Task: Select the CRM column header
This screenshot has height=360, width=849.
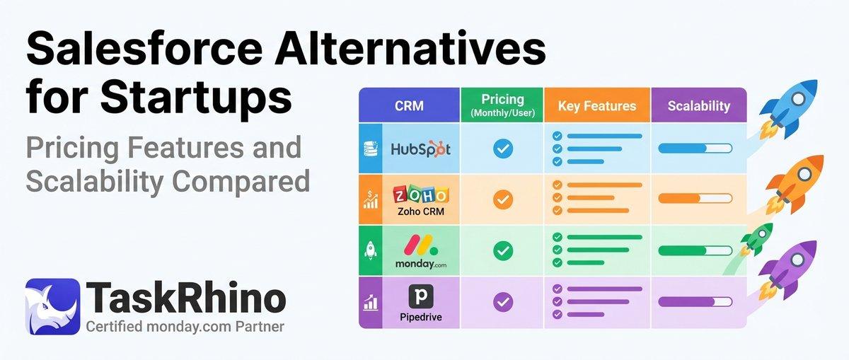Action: coord(410,106)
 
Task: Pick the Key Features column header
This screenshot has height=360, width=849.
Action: coord(596,106)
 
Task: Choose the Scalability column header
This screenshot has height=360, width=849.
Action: coord(698,106)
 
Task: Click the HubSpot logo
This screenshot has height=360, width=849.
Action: coord(420,149)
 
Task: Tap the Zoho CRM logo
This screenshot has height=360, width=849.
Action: coord(420,199)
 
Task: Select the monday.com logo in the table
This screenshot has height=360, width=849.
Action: coord(420,251)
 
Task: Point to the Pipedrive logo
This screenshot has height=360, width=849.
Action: coord(420,302)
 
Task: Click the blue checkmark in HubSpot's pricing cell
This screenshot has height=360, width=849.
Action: coord(502,149)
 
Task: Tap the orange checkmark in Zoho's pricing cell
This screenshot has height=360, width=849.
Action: coord(502,199)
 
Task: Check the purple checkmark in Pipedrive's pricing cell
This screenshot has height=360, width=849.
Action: coord(502,302)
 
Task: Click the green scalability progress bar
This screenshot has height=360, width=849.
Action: coord(695,250)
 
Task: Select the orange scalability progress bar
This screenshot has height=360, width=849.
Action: coord(695,199)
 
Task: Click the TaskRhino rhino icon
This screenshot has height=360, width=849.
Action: coord(52,306)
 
